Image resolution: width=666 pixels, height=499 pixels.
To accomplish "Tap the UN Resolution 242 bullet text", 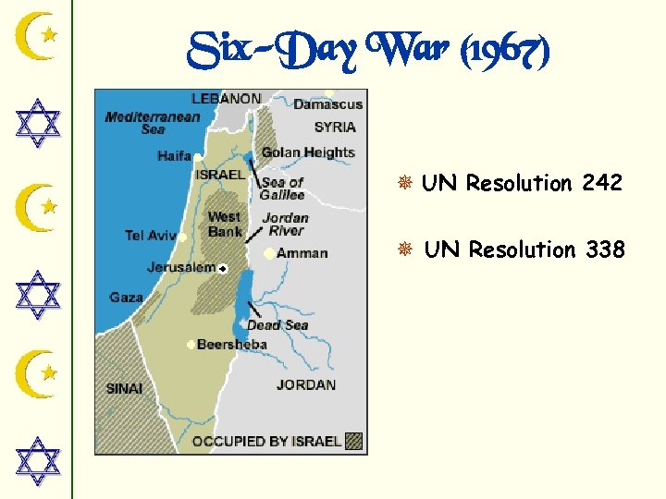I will [x=522, y=183].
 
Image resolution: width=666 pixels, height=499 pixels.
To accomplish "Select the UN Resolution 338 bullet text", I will [x=524, y=249].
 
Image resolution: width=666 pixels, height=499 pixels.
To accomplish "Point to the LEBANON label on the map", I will [x=226, y=98].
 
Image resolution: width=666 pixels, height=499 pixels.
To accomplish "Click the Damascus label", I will [x=328, y=104].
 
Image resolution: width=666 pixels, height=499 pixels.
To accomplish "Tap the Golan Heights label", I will [x=308, y=152].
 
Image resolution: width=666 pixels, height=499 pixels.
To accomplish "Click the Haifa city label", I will [x=174, y=156].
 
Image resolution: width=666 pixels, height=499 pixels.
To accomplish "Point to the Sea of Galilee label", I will [x=282, y=189].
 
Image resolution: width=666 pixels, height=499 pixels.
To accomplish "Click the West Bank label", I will [x=225, y=225].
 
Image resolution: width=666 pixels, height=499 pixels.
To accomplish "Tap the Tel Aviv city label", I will [x=150, y=236].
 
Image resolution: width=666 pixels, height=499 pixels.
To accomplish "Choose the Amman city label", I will [x=302, y=253].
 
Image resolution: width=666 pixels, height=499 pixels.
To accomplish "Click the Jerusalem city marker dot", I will [x=223, y=268].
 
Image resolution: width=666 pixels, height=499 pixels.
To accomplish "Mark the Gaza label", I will [x=126, y=298].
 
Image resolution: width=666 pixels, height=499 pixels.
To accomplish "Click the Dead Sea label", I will [x=277, y=325].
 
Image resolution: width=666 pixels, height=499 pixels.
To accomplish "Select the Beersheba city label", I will [x=232, y=345].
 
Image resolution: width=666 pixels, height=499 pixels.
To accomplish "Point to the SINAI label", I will [x=125, y=389].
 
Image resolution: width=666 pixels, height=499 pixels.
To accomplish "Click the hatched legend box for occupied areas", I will [x=353, y=441].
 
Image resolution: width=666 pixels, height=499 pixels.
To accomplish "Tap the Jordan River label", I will [x=285, y=225].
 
